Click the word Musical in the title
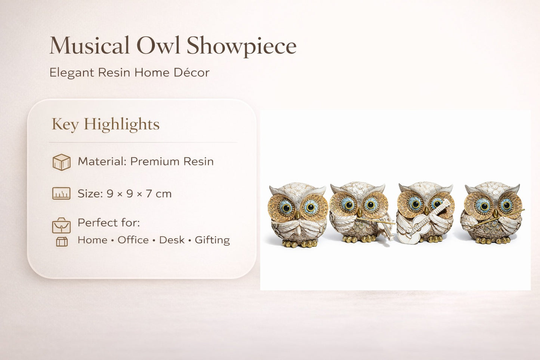[x=89, y=46]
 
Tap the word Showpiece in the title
[x=241, y=46]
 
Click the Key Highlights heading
[x=105, y=124]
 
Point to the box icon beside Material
[x=61, y=162]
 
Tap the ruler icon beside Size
[x=61, y=194]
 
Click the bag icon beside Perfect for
[x=61, y=225]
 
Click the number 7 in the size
[x=149, y=194]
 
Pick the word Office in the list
[x=133, y=240]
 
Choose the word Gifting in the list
[x=212, y=240]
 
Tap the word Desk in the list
[x=172, y=240]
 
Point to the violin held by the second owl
[x=385, y=228]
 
